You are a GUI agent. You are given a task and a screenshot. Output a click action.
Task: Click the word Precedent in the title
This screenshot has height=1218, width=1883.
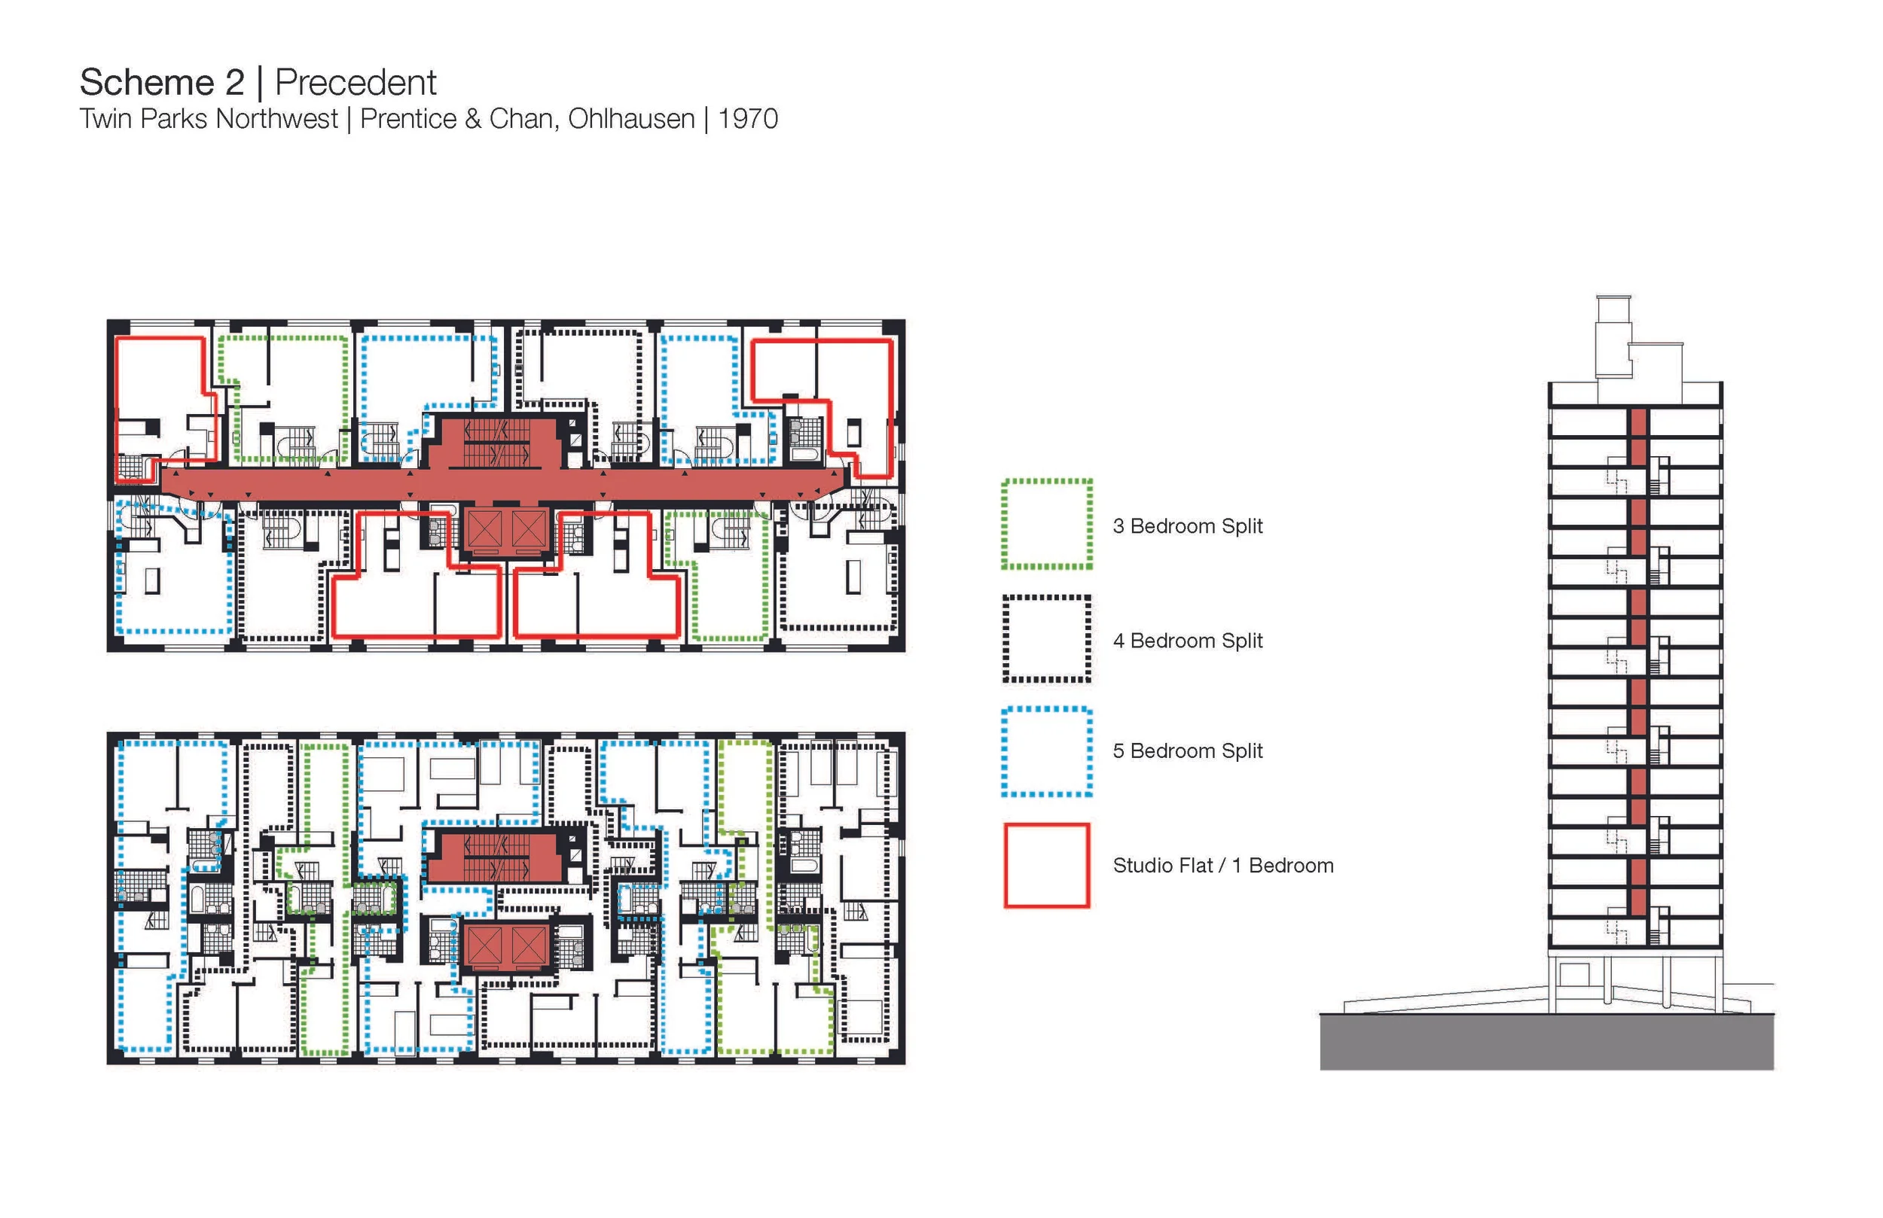(x=356, y=82)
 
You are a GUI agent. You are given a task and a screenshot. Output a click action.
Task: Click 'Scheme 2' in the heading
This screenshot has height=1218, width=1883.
(x=162, y=82)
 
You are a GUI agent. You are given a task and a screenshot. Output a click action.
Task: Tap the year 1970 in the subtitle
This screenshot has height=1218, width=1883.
(x=748, y=120)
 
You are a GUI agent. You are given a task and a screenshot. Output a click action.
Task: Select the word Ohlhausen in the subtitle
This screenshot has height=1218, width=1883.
(x=631, y=120)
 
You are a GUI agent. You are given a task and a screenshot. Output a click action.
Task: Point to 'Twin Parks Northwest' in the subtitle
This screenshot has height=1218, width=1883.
(x=209, y=120)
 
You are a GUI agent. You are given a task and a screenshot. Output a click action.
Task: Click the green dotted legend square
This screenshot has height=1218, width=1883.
(x=1046, y=525)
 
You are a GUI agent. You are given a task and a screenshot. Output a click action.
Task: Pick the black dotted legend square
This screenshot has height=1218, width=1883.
(x=1046, y=639)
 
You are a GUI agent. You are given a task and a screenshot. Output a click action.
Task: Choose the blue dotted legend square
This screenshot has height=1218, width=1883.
(x=1046, y=751)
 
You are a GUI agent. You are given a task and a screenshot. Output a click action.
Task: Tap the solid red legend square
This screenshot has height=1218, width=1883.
(x=1046, y=865)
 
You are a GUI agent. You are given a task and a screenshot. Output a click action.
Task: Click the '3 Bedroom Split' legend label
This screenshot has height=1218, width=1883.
(x=1187, y=526)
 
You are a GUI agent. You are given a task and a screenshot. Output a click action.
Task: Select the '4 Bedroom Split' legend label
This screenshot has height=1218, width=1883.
(x=1187, y=641)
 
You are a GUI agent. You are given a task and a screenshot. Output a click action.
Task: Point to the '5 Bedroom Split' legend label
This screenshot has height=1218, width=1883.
(x=1187, y=751)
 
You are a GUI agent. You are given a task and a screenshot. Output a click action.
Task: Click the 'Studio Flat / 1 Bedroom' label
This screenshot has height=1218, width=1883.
(x=1222, y=865)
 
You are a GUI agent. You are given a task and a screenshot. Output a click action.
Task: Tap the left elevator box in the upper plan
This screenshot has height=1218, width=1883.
(x=484, y=531)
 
